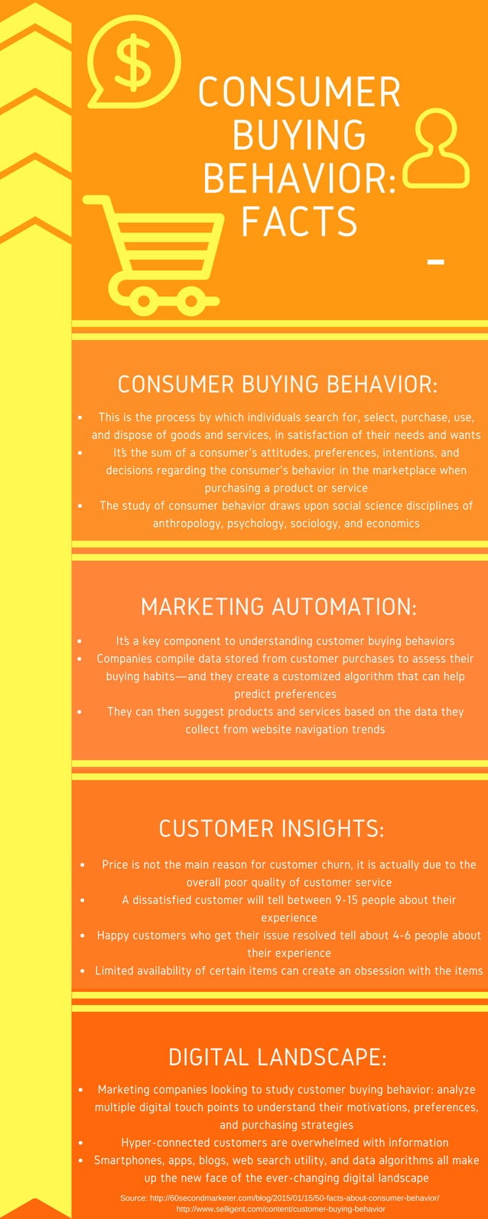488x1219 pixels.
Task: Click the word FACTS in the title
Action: pos(299,222)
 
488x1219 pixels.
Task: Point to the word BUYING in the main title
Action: pos(299,135)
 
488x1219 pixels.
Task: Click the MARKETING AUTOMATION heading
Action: pos(278,607)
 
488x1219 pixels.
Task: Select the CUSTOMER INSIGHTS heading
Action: pos(272,828)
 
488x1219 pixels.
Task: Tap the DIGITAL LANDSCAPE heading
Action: pos(278,1057)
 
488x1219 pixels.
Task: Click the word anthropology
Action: pos(187,524)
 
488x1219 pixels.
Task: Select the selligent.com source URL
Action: pos(281,1209)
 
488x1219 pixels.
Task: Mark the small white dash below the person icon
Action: pos(435,262)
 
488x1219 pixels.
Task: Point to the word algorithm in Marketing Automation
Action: pos(355,676)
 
